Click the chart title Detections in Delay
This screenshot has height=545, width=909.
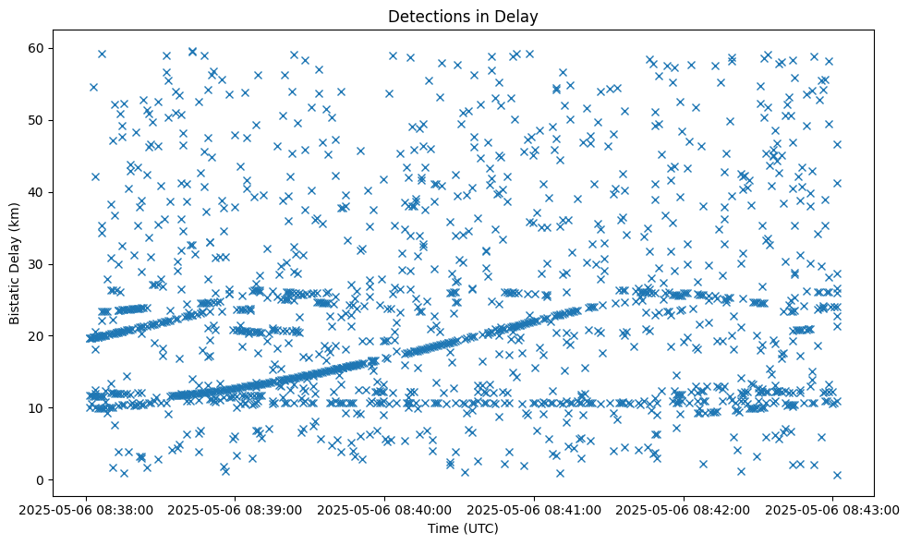click(463, 16)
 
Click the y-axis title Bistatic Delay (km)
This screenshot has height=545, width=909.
click(16, 262)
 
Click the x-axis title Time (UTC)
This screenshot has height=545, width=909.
click(463, 528)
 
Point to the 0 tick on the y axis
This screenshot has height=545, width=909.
click(47, 480)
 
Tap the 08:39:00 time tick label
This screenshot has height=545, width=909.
click(235, 509)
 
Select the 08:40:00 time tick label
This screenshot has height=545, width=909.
click(384, 509)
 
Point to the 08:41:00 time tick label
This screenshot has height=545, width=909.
click(534, 509)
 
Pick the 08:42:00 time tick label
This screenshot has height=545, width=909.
click(684, 509)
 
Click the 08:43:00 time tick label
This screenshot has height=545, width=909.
click(832, 509)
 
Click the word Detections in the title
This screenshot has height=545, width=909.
click(426, 16)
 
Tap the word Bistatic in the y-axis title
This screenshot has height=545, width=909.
click(16, 293)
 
